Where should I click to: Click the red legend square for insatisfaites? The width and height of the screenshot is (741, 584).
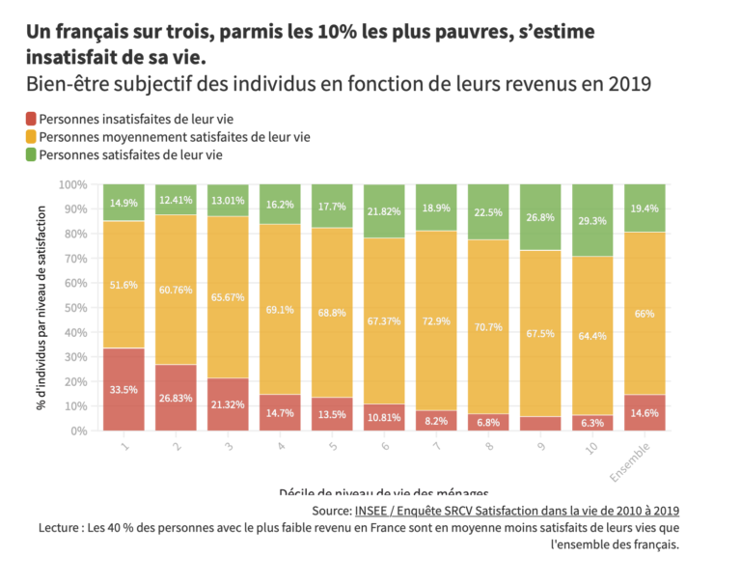[x=31, y=120]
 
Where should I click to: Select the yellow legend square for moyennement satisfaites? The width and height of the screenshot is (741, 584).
[x=31, y=137]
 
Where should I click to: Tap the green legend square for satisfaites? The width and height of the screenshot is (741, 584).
[x=31, y=154]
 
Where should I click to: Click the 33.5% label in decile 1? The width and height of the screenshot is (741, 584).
[x=123, y=390]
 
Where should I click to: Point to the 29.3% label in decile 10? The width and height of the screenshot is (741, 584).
[x=591, y=221]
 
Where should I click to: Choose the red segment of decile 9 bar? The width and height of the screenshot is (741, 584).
[x=539, y=424]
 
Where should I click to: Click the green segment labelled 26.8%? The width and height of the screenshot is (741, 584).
[x=539, y=218]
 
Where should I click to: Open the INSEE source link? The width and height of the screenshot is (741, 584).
[x=516, y=510]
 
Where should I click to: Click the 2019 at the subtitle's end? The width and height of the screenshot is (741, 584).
[x=629, y=83]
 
